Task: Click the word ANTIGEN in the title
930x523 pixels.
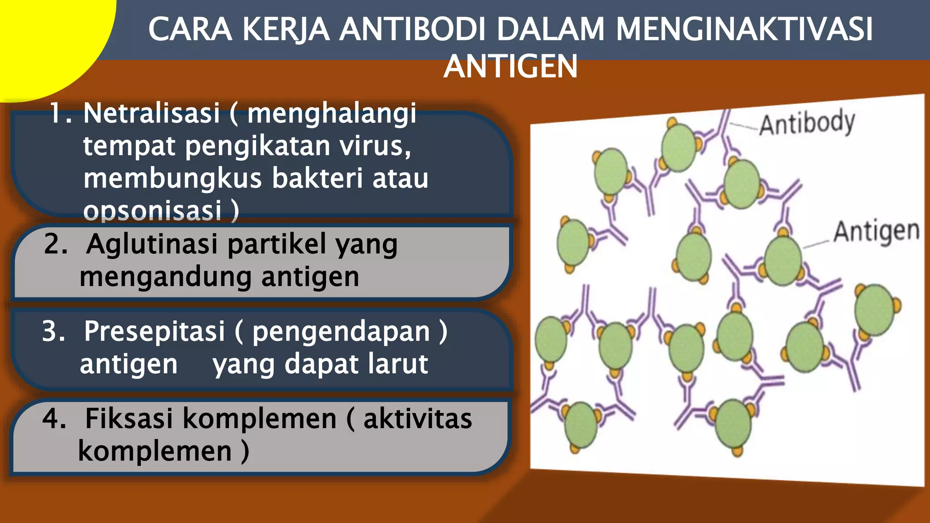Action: [510, 67]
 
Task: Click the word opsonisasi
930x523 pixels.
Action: [152, 211]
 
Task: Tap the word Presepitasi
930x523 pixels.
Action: [154, 331]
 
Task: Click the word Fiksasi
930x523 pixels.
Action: [129, 418]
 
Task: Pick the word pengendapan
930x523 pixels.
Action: [341, 331]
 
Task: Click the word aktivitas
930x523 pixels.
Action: [417, 418]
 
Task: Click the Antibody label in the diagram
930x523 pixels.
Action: [807, 122]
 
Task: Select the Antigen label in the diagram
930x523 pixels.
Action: [876, 232]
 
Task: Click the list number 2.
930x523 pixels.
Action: [55, 244]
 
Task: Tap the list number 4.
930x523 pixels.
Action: [54, 418]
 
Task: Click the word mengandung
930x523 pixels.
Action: [165, 276]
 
